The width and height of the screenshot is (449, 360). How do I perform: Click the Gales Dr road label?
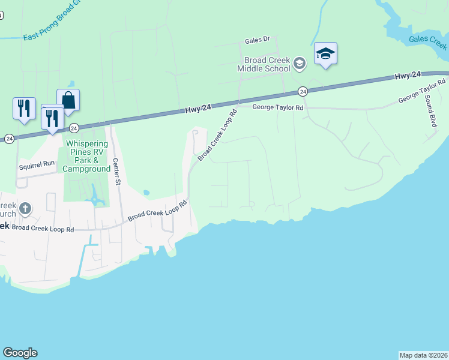pos(258,41)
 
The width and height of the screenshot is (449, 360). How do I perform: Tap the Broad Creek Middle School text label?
pos(268,64)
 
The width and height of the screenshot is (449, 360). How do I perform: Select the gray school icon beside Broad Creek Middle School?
pos(301,62)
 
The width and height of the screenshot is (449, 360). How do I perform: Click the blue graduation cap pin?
pos(325,54)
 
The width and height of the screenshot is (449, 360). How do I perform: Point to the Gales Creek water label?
pos(428,41)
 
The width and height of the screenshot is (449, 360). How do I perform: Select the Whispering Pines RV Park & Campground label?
pos(87,156)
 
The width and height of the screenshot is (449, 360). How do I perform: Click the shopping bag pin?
pos(68,100)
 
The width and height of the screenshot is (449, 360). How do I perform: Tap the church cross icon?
pos(25,209)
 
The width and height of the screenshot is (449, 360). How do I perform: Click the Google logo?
pos(20,353)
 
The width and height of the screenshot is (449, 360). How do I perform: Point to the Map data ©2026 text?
pos(423,355)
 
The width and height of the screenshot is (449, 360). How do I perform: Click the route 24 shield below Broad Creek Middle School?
pos(303,91)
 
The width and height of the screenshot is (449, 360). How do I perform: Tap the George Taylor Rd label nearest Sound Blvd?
pos(422,91)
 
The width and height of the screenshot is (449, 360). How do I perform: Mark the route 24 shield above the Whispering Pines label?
pos(74,128)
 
